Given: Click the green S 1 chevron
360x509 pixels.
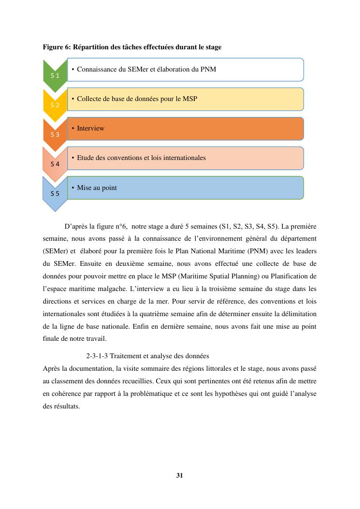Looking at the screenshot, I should tap(55, 75).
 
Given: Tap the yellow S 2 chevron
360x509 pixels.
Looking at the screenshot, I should tap(55, 105).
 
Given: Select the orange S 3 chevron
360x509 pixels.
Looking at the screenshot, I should tap(55, 134).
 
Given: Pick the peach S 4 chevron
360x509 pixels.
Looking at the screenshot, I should tap(55, 164).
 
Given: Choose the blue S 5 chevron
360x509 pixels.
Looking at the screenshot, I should tap(55, 193).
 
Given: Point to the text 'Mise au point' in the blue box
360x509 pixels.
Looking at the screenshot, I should tap(97, 188).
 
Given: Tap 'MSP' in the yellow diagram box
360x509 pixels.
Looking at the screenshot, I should tap(190, 99).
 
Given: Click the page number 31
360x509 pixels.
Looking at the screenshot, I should tap(180, 475).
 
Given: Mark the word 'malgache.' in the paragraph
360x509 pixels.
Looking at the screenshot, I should tap(119, 289).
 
